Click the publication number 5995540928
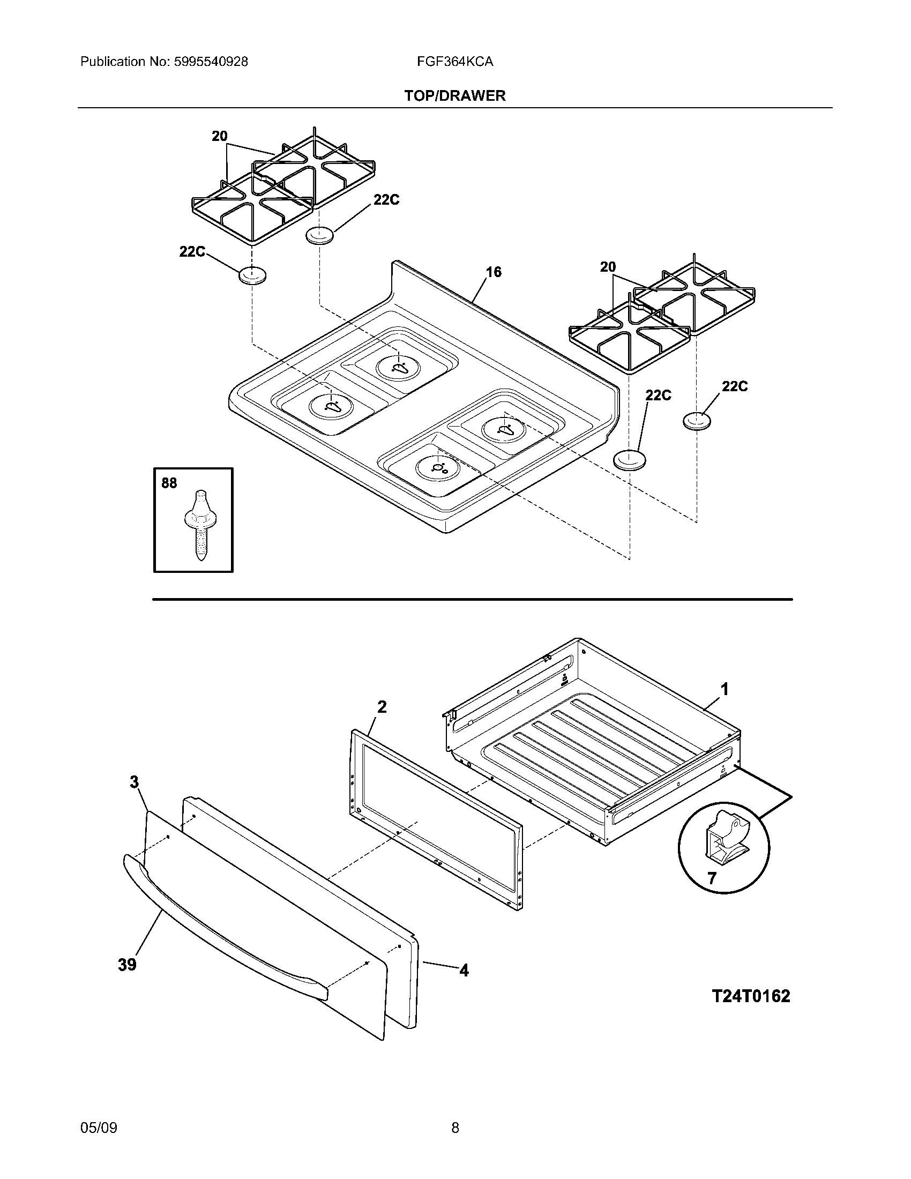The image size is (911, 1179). pos(211,62)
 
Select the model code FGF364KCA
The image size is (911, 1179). pos(454,62)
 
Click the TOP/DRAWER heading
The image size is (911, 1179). pos(455,96)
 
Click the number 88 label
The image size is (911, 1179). pos(169,483)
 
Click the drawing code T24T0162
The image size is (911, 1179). pos(751,996)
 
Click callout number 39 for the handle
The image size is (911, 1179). pos(128,965)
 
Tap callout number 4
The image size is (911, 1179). pos(464,971)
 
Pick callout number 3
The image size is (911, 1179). pos(135,782)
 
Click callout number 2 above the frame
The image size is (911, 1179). pos(382,707)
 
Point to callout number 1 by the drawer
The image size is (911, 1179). pos(725,689)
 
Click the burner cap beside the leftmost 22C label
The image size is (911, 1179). pos(252,276)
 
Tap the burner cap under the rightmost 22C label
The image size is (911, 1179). pos(696,421)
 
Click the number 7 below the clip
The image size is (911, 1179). pos(712,879)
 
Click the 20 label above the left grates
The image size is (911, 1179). pos(219,136)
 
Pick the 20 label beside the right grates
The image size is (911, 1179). pos(608,267)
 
